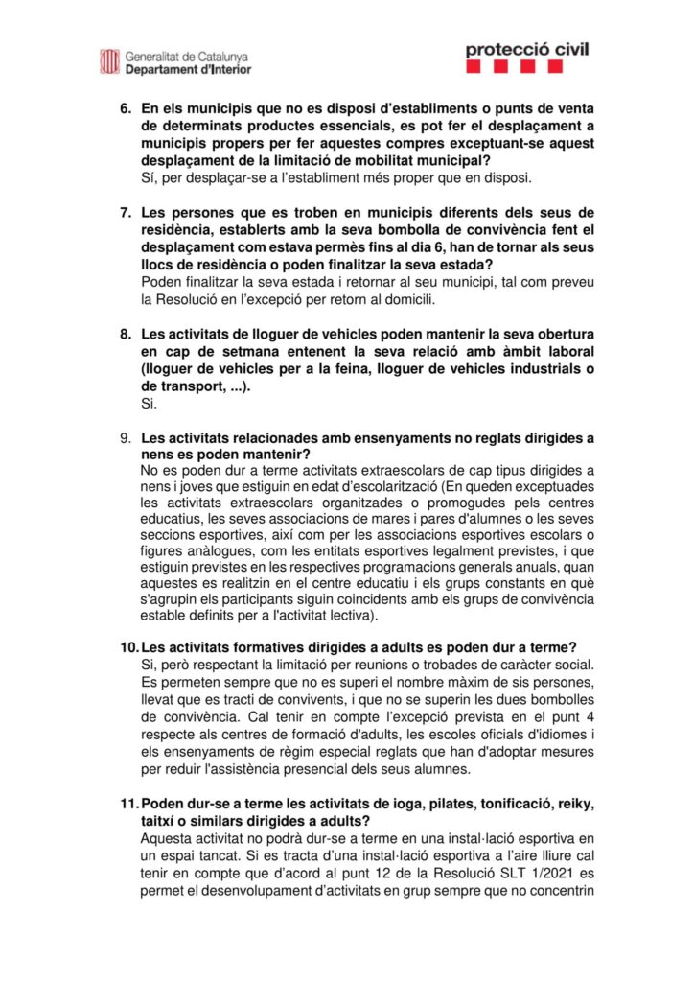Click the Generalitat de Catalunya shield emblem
point(109,61)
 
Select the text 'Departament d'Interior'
point(188,70)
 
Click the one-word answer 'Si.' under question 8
point(149,404)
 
